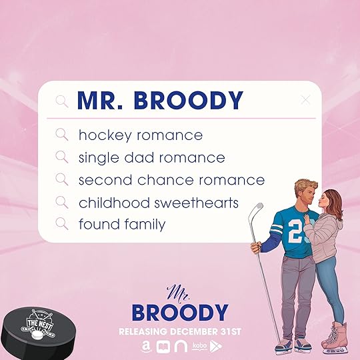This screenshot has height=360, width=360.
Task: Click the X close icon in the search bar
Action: (x=305, y=100)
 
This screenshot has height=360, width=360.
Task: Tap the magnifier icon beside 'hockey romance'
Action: (x=62, y=135)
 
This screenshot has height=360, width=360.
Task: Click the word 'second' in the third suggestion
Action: (x=105, y=180)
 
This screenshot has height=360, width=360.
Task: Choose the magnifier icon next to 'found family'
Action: (x=62, y=224)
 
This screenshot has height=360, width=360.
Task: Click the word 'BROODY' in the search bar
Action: (x=189, y=100)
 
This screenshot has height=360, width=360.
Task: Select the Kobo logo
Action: (x=199, y=346)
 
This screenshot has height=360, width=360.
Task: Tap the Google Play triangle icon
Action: (x=216, y=346)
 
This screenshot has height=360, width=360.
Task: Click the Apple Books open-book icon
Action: (x=163, y=347)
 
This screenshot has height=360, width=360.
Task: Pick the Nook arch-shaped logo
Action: (x=181, y=347)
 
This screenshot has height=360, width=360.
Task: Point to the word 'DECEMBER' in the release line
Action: (x=195, y=331)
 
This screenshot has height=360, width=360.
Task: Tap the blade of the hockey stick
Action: (x=259, y=207)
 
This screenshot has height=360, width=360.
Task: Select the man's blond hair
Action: (x=305, y=186)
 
